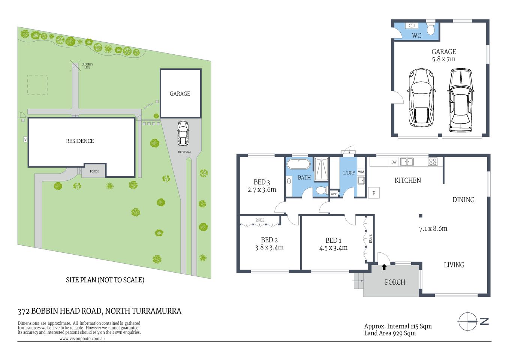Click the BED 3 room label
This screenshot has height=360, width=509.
tap(262, 182)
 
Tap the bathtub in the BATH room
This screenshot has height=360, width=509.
tap(299, 164)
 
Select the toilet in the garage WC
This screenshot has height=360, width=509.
tap(431, 28)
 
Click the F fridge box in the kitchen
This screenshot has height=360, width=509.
tap(374, 193)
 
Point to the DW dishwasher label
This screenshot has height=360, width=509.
tap(394, 162)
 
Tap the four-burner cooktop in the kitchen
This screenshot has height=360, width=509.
tap(433, 162)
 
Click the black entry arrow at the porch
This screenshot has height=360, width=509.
tap(384, 267)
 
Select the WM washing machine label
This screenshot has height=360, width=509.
tap(361, 172)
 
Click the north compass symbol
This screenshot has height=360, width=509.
tap(468, 321)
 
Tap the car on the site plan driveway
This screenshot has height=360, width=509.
tap(183, 133)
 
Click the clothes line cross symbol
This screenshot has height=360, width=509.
tap(76, 66)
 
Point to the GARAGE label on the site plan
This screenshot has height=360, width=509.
tap(180, 94)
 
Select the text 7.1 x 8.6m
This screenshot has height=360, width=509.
tap(433, 228)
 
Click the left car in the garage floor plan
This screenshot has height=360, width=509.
tap(422, 97)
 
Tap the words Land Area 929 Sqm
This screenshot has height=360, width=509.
tap(390, 333)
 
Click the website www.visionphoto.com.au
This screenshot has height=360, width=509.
tap(82, 338)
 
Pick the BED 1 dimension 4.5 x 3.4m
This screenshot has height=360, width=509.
tap(333, 248)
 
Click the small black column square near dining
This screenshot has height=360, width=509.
tap(421, 216)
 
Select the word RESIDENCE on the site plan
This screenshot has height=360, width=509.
tap(80, 141)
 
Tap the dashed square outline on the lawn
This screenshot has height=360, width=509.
tap(37, 85)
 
